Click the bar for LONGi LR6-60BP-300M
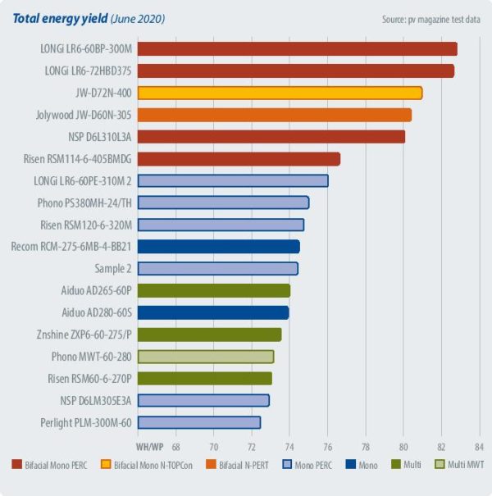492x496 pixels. tap(297, 49)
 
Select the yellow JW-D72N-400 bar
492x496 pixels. tap(280, 93)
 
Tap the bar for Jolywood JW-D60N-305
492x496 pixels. tap(274, 115)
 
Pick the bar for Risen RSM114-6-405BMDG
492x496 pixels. tap(239, 159)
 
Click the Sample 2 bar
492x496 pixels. tap(217, 268)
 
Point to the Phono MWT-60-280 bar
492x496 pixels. tap(205, 357)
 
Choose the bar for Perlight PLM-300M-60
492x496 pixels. tap(198, 422)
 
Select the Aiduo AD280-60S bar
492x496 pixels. tap(212, 312)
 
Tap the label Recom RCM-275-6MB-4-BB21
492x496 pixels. tap(71, 247)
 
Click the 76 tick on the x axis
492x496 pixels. tap(327, 447)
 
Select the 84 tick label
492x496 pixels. tap(479, 447)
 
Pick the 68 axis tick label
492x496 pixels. tap(175, 447)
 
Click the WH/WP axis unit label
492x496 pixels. tap(148, 447)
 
